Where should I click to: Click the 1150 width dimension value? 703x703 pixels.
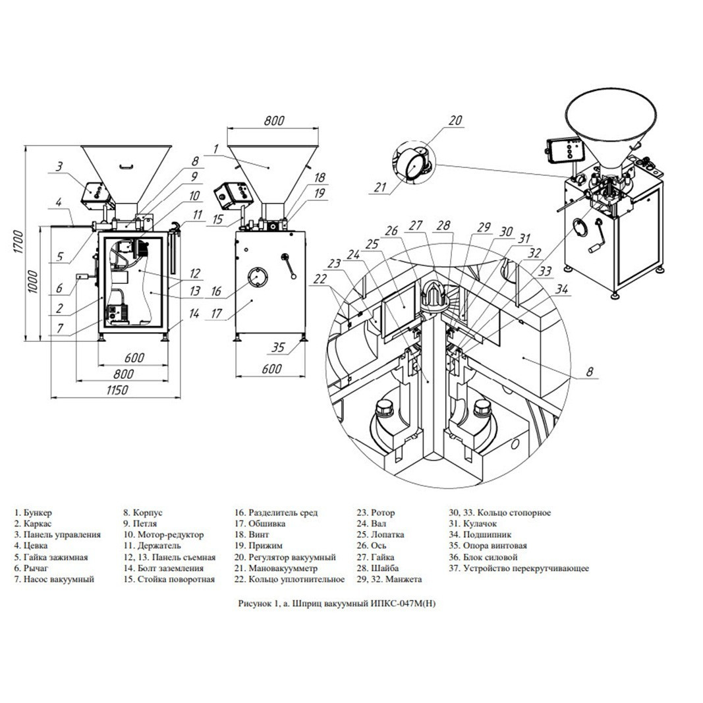click(x=117, y=390)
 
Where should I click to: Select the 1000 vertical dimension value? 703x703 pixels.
click(x=33, y=282)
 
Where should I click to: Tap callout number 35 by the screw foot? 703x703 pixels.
click(x=278, y=347)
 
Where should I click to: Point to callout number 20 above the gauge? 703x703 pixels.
click(x=455, y=121)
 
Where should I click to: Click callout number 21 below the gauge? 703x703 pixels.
click(x=380, y=187)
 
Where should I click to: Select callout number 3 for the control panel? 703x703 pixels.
click(x=59, y=167)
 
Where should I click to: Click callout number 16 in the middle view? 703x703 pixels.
click(x=216, y=291)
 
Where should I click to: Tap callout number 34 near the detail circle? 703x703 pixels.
click(x=562, y=290)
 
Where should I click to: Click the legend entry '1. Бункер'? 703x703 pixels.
click(x=33, y=513)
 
